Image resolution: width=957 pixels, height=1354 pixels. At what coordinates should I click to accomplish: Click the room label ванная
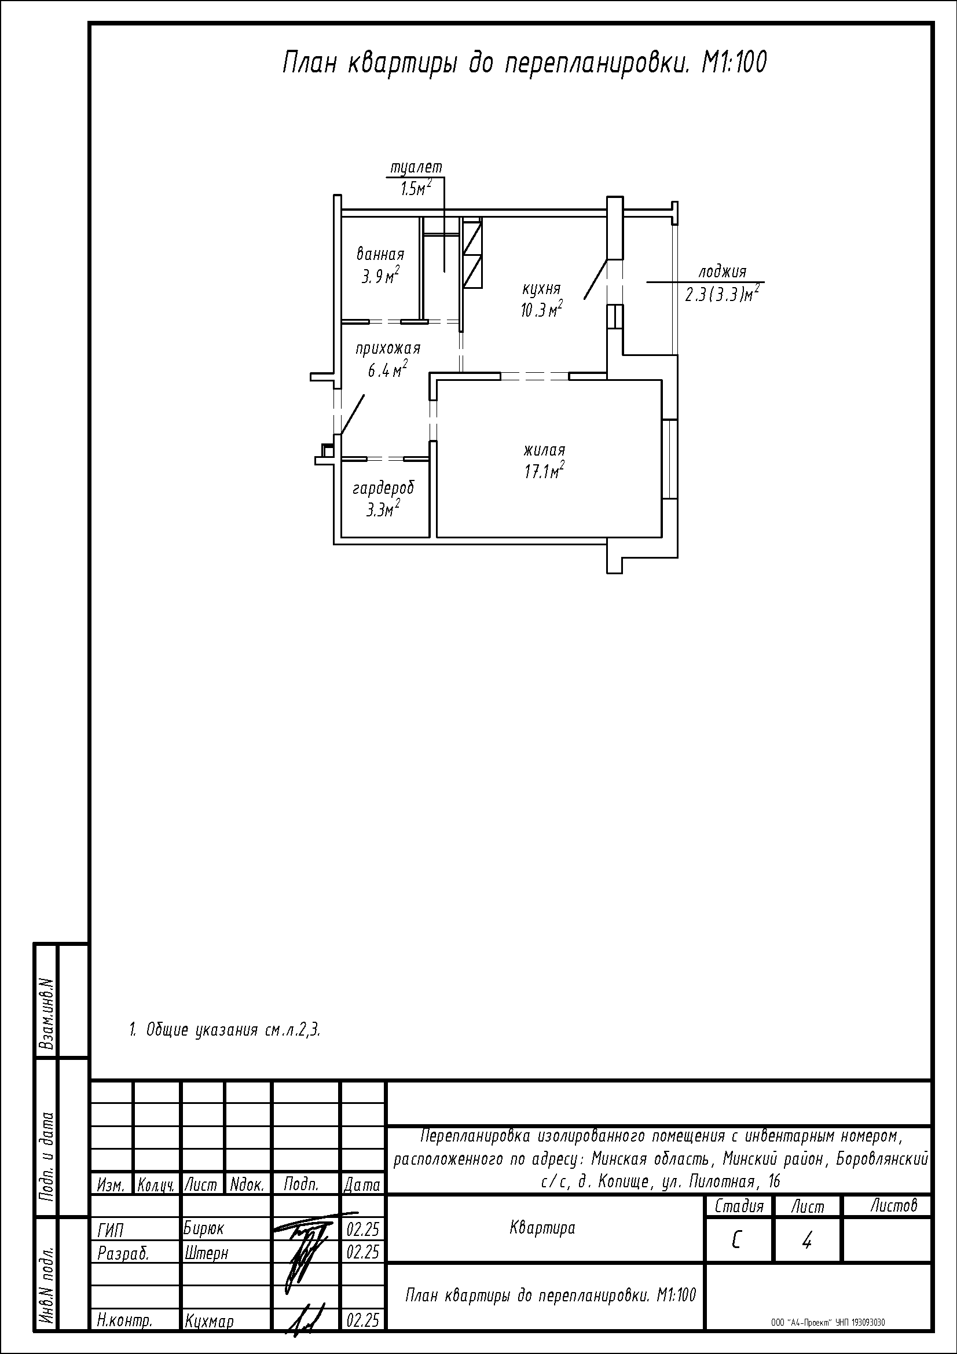pos(380,255)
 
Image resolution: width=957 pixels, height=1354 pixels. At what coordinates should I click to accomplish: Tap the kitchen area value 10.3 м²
pos(541,310)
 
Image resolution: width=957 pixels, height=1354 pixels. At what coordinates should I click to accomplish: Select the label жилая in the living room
pos(544,450)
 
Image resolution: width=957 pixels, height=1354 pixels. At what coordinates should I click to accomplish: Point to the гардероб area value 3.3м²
pos(383,508)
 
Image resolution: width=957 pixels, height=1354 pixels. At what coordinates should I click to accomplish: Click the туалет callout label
pos(416,168)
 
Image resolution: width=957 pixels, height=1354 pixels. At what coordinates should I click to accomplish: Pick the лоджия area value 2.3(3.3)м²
pos(721,293)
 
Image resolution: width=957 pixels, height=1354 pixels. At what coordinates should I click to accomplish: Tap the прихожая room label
pos(387,348)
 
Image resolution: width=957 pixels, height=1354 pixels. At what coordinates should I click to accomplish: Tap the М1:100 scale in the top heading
pos(734,63)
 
